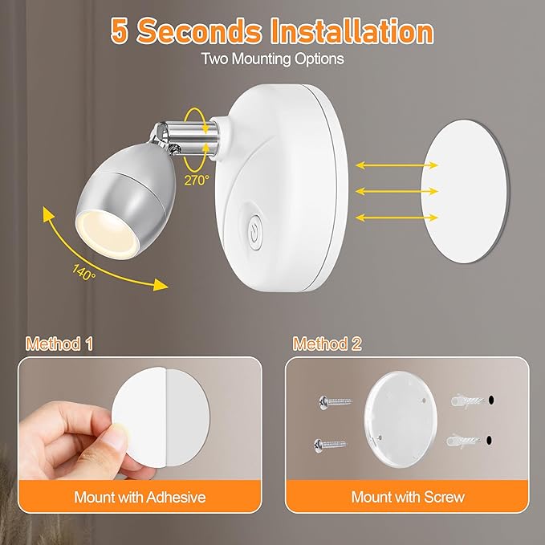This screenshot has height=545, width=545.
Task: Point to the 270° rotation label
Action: (195, 181)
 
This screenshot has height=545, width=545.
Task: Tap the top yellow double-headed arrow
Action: (397, 165)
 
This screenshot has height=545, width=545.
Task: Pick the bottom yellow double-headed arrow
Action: (397, 217)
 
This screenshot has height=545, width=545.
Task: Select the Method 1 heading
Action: (59, 344)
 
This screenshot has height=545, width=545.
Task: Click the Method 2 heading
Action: (327, 344)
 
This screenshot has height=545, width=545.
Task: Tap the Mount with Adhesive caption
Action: (140, 497)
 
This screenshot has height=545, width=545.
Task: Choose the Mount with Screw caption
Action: (407, 497)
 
